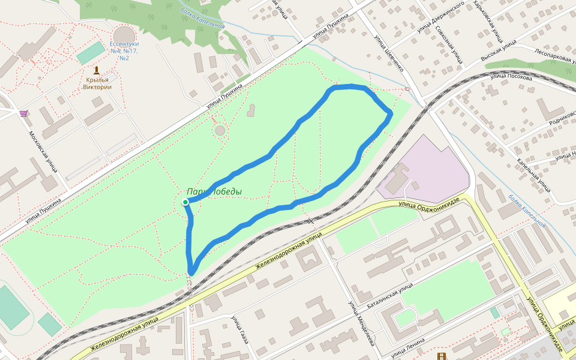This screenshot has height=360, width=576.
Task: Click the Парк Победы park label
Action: click(x=214, y=192)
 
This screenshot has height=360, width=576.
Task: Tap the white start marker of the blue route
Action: click(x=185, y=202)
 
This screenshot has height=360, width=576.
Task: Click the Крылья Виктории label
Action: click(x=98, y=83)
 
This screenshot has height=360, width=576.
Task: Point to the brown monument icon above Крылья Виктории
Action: click(x=97, y=70)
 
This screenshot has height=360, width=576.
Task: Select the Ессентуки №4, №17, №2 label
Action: click(x=124, y=51)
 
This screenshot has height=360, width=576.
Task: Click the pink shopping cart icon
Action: click(x=23, y=113)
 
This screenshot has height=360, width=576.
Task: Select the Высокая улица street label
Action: click(x=498, y=52)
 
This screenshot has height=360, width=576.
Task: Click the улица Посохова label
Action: click(x=511, y=77)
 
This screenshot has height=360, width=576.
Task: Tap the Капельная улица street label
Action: click(x=534, y=175)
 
